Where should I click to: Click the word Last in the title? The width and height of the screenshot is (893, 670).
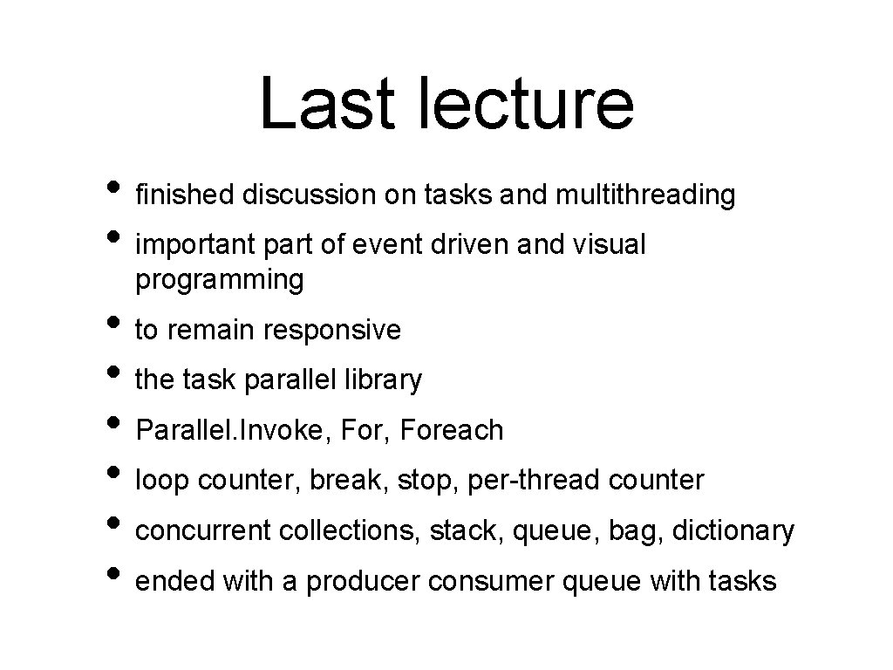click(318, 102)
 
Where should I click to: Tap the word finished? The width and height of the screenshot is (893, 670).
click(185, 195)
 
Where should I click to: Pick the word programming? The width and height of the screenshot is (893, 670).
click(220, 281)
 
